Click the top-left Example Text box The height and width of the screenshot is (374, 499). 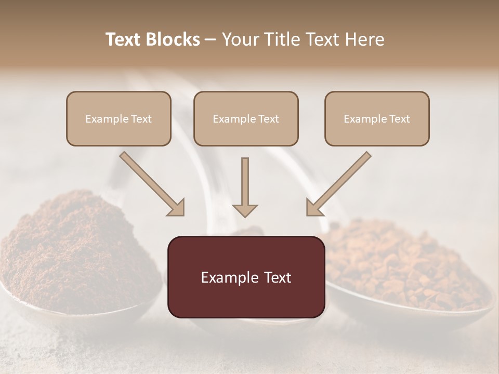(119, 118)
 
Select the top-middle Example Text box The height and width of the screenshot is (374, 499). (246, 118)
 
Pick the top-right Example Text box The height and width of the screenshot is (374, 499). (377, 118)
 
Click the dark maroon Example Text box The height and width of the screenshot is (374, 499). (246, 277)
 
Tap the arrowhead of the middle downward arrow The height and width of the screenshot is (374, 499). (245, 210)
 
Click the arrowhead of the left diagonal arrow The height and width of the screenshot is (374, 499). (177, 208)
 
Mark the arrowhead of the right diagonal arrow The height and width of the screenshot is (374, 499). (313, 208)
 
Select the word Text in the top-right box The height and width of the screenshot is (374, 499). (399, 118)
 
